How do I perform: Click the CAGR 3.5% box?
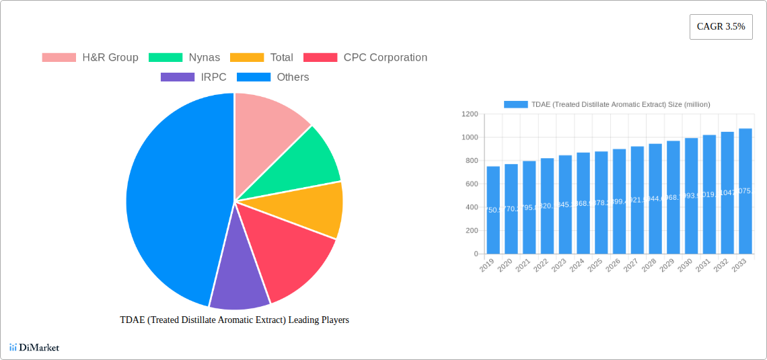[721, 26]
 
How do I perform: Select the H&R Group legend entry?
[90, 57]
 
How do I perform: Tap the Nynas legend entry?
[184, 57]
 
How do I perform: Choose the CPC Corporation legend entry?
[365, 57]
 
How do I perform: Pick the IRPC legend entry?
[194, 77]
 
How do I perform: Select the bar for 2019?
[493, 210]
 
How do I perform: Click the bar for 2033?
[745, 191]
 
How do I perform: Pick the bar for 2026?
[620, 201]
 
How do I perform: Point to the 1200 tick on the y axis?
[469, 114]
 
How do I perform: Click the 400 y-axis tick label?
[471, 207]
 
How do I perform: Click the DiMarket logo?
[34, 347]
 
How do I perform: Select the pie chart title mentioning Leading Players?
[234, 320]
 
